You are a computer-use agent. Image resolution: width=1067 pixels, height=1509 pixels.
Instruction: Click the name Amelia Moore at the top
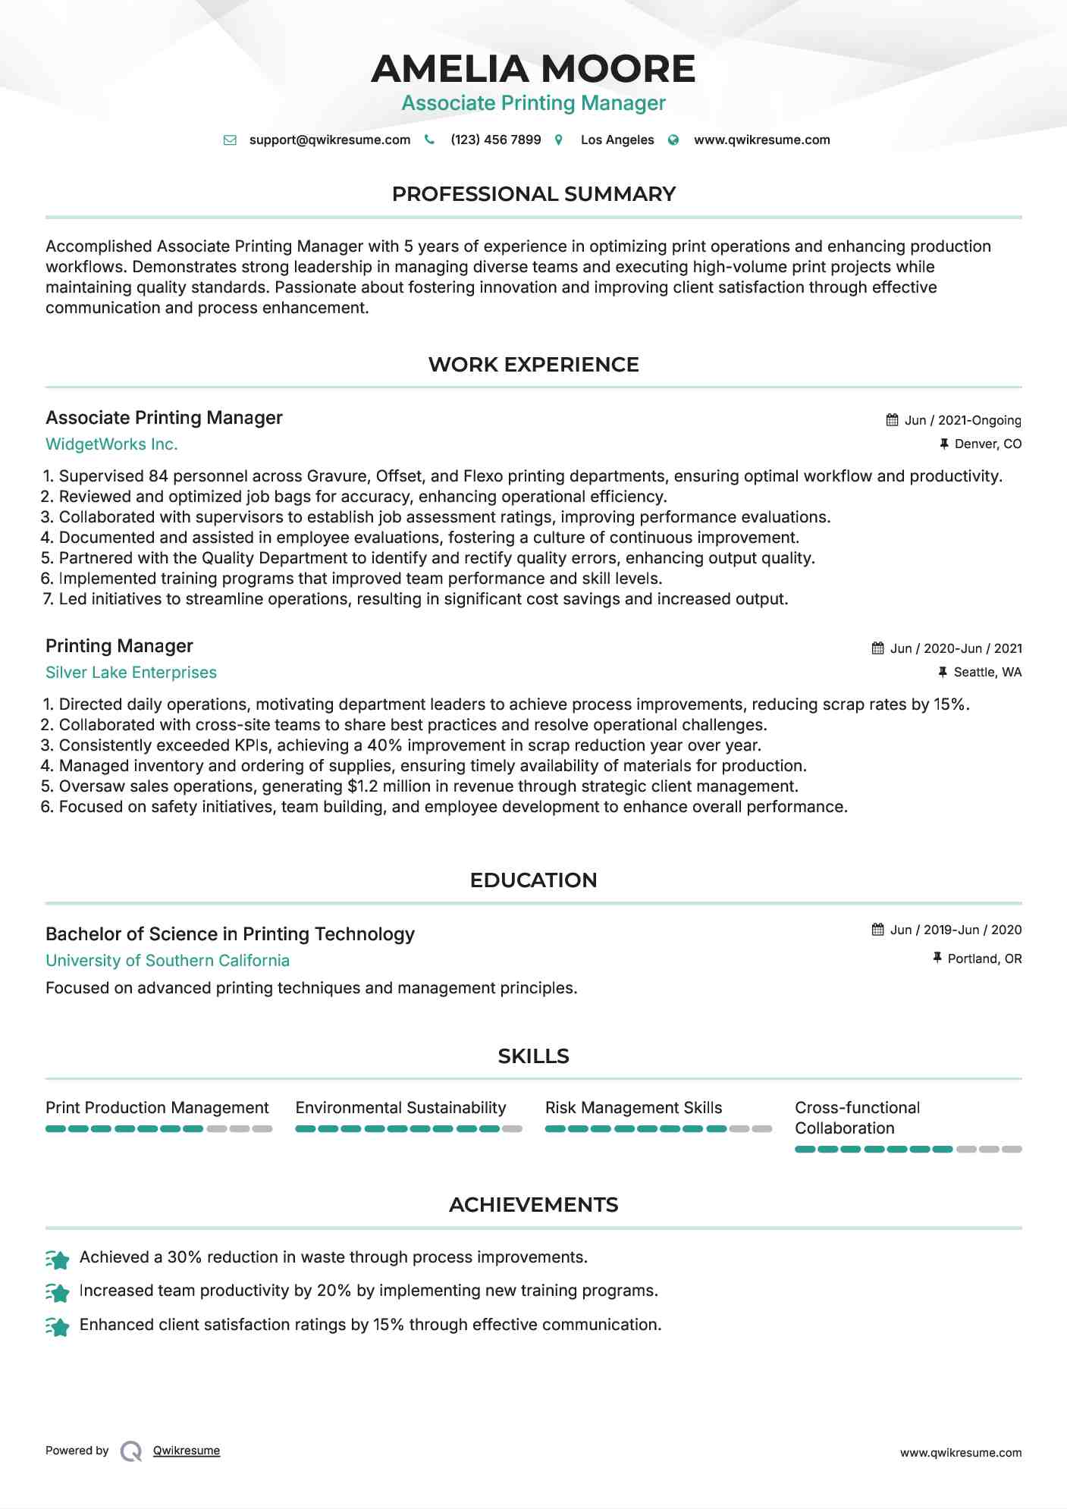[x=533, y=69]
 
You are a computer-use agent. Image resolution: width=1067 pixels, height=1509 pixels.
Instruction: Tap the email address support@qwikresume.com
[x=329, y=140]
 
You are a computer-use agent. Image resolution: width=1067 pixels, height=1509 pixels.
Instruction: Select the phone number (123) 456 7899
[x=495, y=140]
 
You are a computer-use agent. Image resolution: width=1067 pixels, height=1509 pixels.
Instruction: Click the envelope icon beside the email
[x=230, y=140]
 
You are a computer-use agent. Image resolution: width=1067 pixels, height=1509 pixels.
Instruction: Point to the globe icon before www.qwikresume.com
[x=673, y=140]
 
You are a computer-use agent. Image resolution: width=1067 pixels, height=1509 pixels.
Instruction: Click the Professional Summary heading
[x=533, y=194]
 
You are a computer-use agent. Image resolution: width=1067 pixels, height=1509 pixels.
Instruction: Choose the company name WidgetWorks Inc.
[x=111, y=444]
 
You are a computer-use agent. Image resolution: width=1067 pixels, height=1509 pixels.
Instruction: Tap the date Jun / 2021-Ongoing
[x=962, y=421]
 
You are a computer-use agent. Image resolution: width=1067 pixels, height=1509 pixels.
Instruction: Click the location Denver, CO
[x=987, y=444]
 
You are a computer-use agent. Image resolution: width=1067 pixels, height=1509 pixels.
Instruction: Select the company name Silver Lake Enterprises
[x=131, y=673]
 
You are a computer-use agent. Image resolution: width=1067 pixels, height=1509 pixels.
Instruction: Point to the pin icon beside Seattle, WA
[x=943, y=673]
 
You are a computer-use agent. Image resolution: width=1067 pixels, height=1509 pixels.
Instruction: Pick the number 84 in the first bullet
[x=158, y=476]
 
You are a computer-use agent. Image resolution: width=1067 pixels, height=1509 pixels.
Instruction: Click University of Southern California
[x=168, y=961]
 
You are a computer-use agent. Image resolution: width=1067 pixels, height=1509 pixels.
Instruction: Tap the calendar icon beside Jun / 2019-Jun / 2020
[x=878, y=930]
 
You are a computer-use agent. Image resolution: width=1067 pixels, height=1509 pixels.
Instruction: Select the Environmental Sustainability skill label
[x=400, y=1108]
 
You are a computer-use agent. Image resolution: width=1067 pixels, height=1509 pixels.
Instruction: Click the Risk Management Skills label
[x=633, y=1108]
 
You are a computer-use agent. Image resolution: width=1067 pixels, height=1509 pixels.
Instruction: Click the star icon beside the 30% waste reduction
[x=58, y=1260]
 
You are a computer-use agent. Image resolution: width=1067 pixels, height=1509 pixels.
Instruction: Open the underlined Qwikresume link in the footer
[x=187, y=1451]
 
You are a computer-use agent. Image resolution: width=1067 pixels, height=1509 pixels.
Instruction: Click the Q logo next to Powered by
[x=131, y=1451]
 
